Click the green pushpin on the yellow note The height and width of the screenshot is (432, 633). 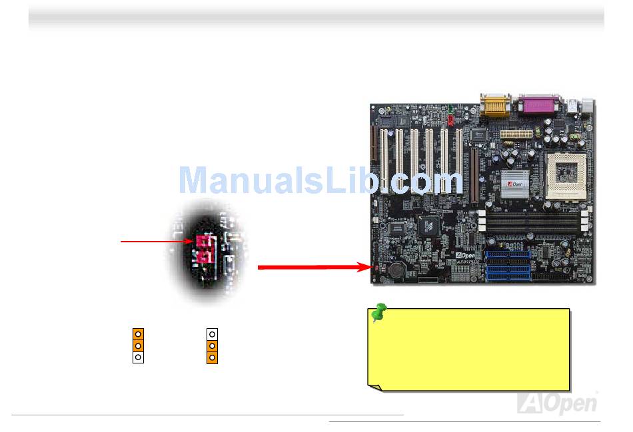tap(379, 312)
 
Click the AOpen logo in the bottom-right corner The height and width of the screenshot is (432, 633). tap(557, 403)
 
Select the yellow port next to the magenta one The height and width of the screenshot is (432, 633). tap(494, 105)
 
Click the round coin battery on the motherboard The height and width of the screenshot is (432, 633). tap(398, 269)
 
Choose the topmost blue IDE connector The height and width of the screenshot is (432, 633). tap(508, 254)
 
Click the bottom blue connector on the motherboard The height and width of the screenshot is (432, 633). tap(508, 278)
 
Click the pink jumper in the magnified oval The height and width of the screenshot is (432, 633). tap(204, 248)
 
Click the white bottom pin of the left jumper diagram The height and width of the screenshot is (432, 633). tap(138, 357)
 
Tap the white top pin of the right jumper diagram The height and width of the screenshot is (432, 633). tap(212, 333)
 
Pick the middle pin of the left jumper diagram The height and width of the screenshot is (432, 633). tap(138, 345)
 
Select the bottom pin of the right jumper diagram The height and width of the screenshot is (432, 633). tap(212, 357)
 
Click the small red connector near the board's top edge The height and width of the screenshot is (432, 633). tap(450, 121)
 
